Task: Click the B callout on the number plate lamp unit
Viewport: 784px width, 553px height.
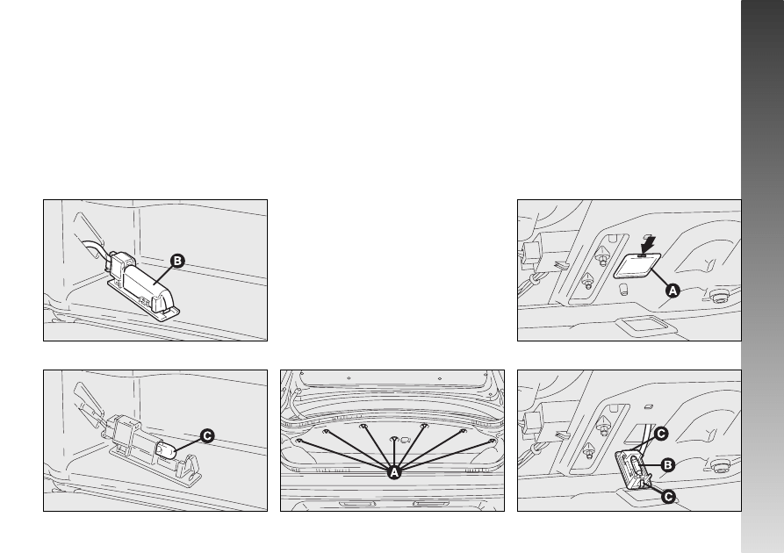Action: tap(177, 261)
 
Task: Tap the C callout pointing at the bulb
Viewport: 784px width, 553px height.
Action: tap(207, 436)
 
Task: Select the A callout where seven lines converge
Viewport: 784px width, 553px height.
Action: tap(394, 472)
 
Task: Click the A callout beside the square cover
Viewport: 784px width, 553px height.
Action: tap(673, 291)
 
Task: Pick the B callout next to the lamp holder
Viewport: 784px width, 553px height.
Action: tap(668, 465)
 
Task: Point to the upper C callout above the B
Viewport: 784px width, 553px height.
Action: tap(661, 434)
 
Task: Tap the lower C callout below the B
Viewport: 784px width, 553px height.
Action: tap(668, 497)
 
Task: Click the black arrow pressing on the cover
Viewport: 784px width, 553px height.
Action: tap(649, 245)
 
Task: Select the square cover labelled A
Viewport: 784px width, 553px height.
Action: tap(637, 265)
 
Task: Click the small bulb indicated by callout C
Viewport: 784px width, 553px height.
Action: tap(166, 451)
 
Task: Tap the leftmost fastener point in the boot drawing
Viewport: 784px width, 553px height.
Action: tap(299, 441)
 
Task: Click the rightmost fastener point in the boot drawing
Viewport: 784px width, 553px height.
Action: tap(492, 441)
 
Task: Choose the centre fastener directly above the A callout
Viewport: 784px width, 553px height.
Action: tap(394, 439)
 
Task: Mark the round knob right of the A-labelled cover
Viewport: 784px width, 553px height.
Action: tap(719, 298)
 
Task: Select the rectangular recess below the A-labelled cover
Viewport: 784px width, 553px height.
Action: tap(646, 325)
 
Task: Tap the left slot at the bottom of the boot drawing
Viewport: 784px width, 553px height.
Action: tap(357, 504)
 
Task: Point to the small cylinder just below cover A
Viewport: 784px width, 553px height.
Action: tap(623, 290)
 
